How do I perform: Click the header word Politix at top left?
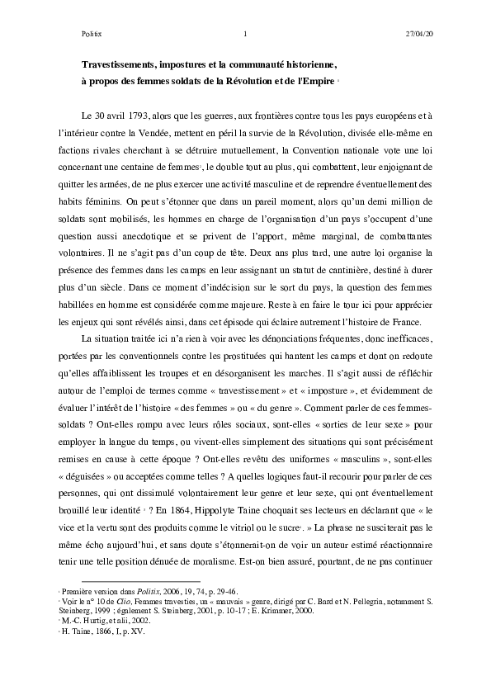pos(91,34)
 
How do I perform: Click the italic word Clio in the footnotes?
pos(128,603)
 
